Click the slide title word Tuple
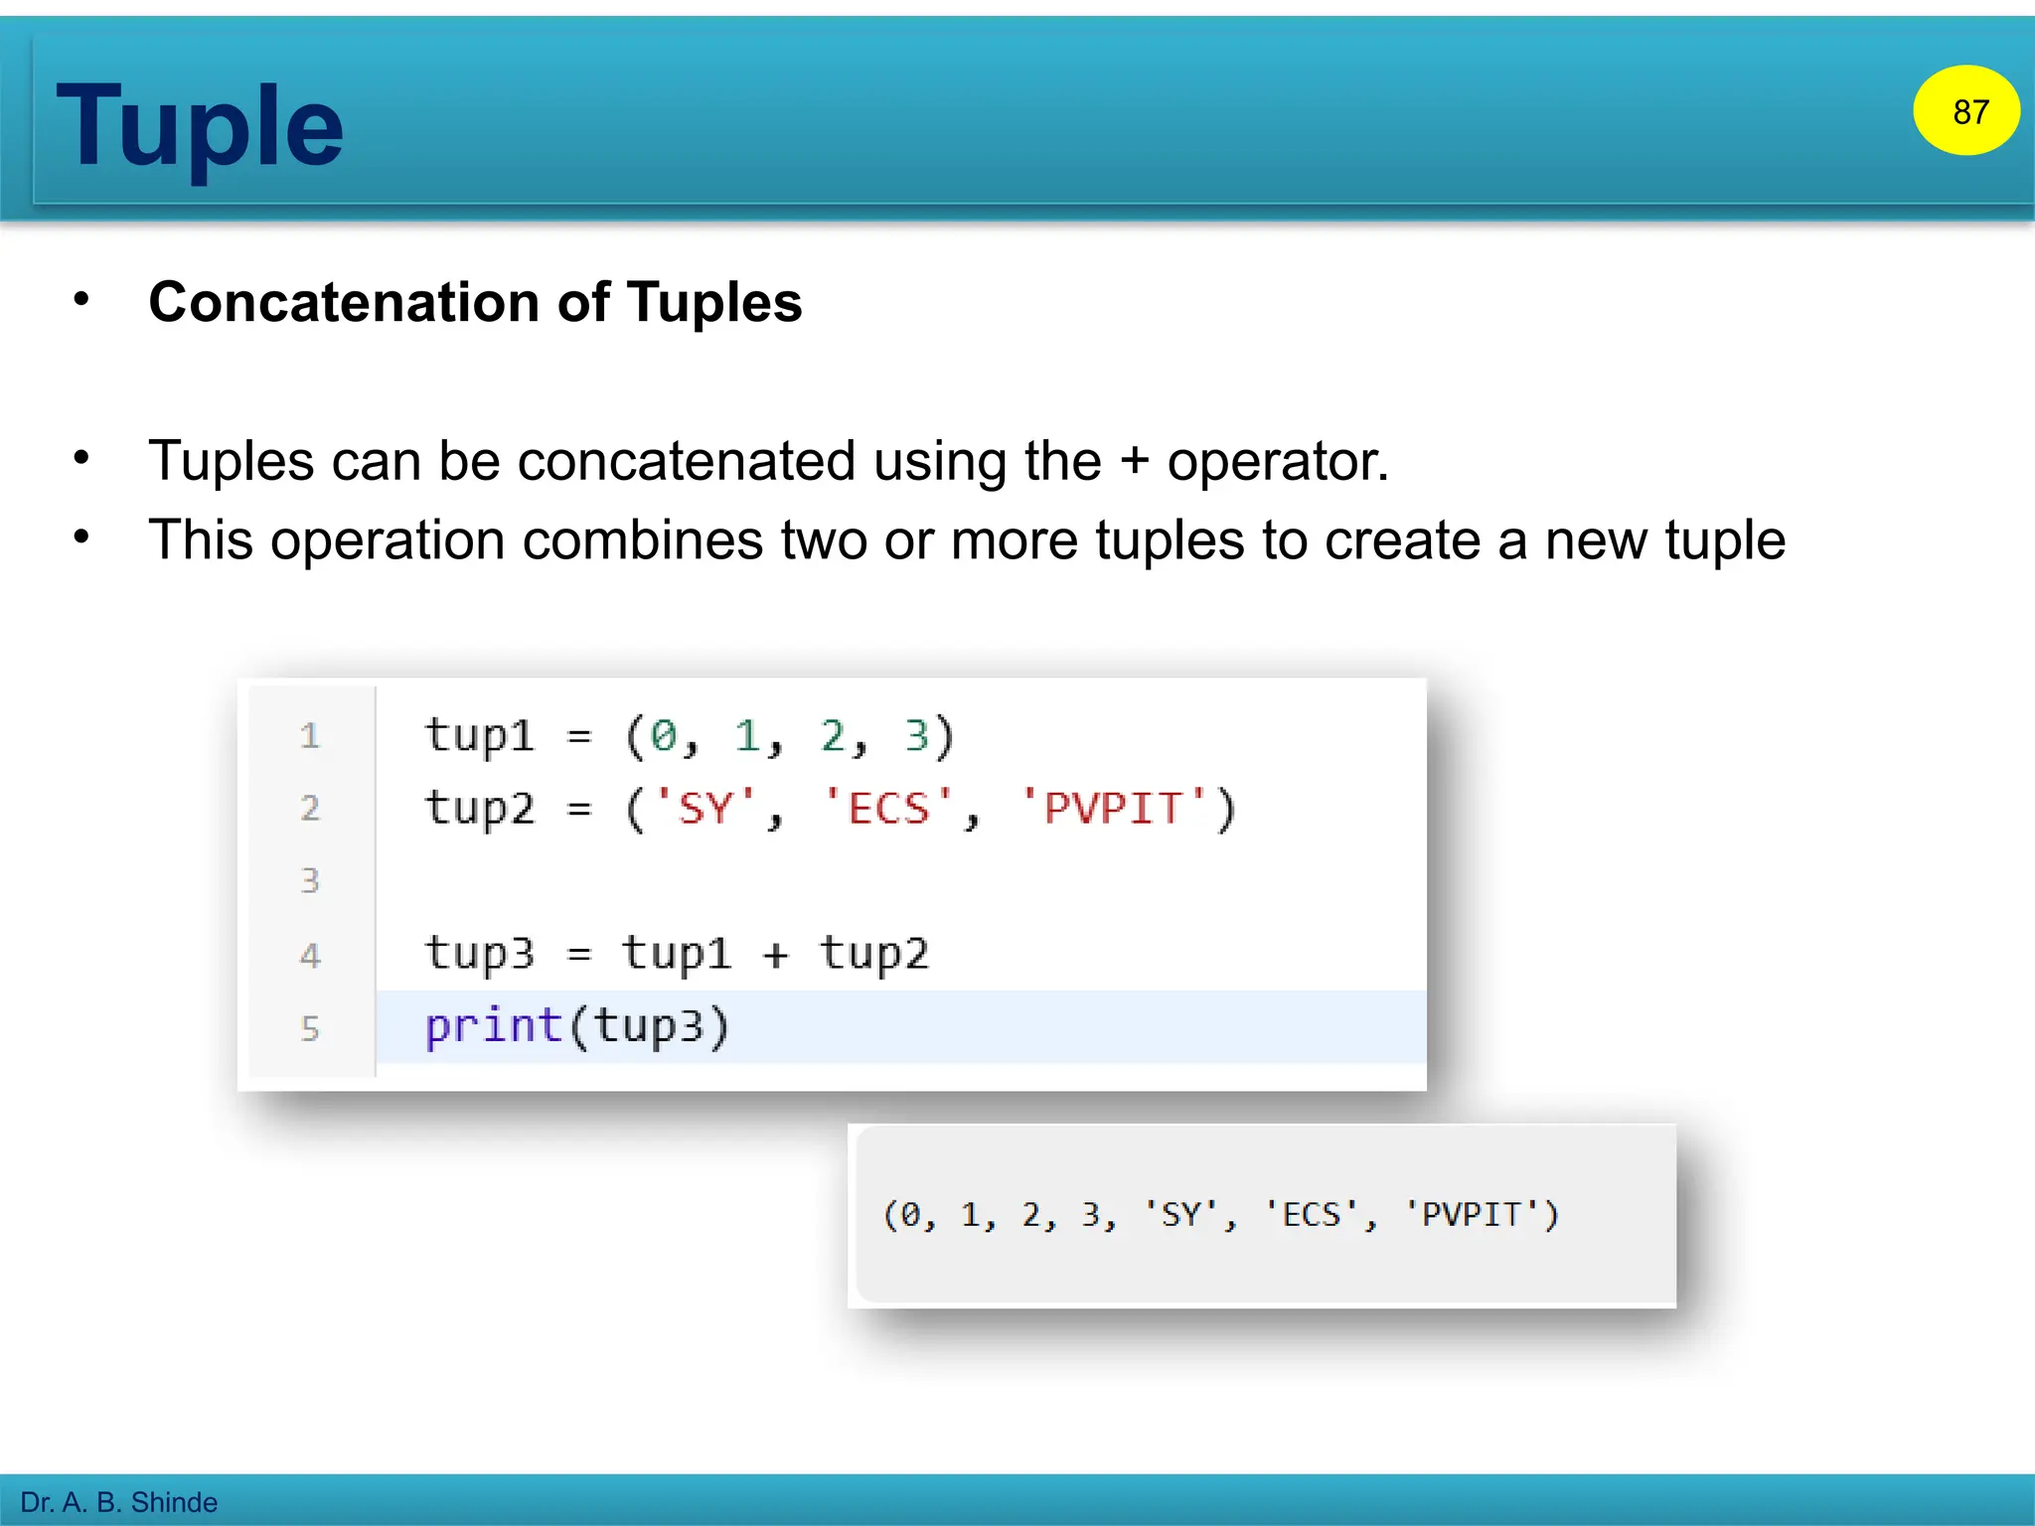click(200, 127)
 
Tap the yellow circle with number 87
click(1966, 111)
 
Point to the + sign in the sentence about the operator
click(1133, 462)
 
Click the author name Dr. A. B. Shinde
click(119, 1501)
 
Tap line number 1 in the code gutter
click(310, 736)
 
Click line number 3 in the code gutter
click(310, 880)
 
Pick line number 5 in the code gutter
click(310, 1027)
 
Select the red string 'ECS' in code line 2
click(888, 808)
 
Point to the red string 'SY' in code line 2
click(705, 808)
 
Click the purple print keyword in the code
click(494, 1025)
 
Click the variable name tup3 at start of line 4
click(480, 954)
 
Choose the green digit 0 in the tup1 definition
click(663, 736)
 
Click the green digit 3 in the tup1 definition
click(916, 736)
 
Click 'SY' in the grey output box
click(1180, 1214)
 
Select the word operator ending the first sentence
click(1277, 462)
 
